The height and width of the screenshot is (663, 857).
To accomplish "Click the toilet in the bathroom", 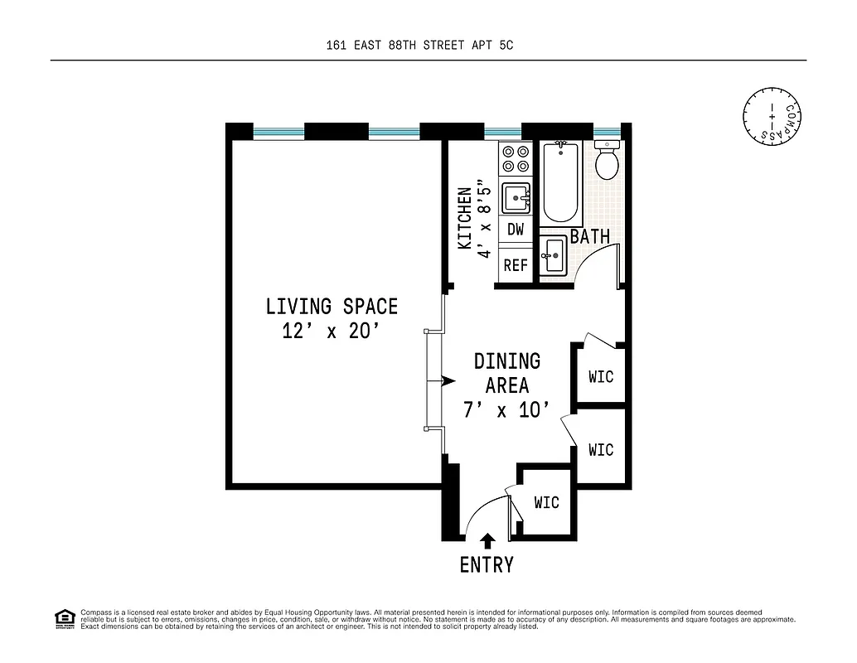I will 608,161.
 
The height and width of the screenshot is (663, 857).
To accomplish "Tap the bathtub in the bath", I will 562,182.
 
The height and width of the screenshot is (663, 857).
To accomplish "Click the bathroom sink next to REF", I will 553,254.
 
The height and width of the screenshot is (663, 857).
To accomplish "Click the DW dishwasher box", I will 516,230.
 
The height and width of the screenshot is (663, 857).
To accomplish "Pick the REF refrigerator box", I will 516,265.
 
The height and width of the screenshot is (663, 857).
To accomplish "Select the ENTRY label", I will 487,565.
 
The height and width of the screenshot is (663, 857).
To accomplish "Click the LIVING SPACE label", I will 332,306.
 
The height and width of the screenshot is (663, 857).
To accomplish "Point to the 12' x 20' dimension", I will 332,331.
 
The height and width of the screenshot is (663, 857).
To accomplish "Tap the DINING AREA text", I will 506,373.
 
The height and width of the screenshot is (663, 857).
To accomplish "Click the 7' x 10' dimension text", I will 506,410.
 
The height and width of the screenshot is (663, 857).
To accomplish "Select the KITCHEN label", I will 465,218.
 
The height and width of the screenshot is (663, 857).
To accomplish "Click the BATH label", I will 589,237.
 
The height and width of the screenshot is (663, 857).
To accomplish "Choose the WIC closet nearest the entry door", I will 546,502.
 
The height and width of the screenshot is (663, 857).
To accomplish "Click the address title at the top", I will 420,46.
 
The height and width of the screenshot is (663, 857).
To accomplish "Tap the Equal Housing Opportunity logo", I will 64,618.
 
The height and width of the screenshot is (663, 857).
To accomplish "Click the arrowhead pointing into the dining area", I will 448,381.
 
